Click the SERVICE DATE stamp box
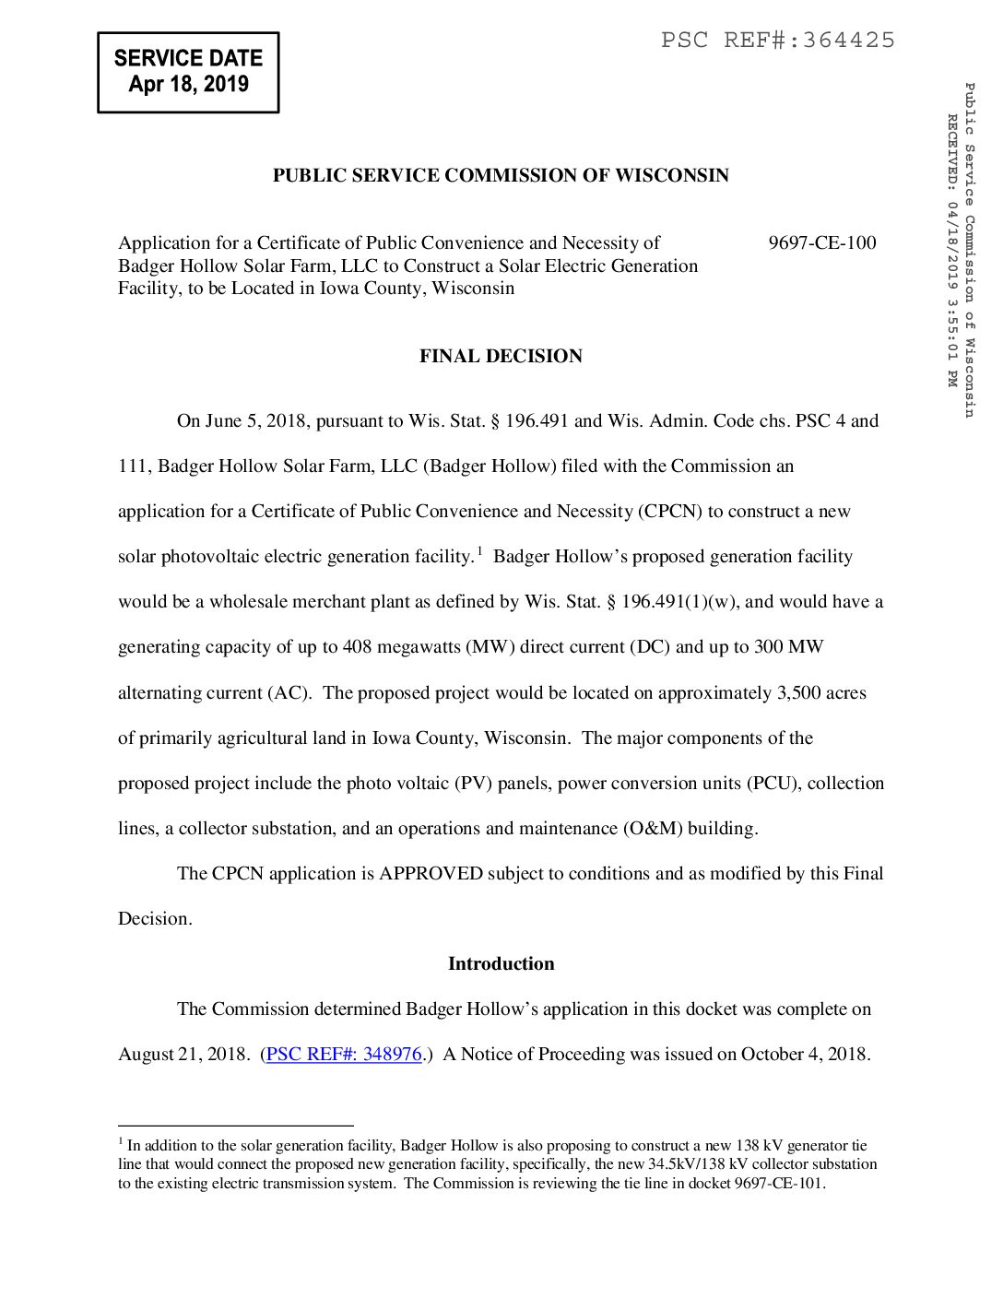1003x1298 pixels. click(188, 72)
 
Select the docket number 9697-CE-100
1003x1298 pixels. click(821, 243)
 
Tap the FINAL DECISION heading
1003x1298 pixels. click(501, 356)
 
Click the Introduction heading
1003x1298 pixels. click(501, 963)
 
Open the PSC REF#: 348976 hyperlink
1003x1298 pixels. click(344, 1054)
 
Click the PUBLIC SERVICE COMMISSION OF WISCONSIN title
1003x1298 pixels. click(501, 175)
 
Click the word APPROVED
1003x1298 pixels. click(431, 873)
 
